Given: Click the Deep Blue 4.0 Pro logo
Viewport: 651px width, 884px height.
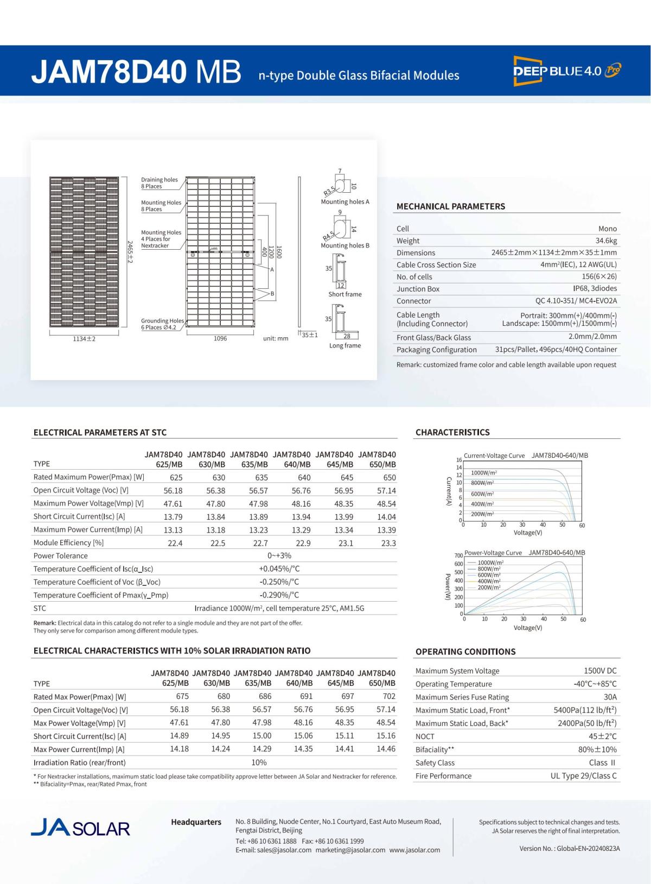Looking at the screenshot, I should click(x=567, y=71).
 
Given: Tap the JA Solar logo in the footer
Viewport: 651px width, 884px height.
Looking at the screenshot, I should click(x=81, y=828).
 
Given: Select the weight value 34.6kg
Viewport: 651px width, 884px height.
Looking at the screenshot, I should click(x=606, y=241).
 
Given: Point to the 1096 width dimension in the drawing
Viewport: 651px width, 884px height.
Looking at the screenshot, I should click(x=220, y=338).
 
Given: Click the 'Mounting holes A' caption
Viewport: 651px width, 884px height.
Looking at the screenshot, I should click(x=345, y=201).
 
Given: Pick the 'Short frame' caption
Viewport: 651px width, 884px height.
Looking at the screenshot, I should click(x=345, y=294).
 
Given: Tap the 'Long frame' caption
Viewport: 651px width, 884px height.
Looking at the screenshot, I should click(x=345, y=345).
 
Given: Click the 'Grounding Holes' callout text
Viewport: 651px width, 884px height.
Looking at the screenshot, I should click(x=162, y=321).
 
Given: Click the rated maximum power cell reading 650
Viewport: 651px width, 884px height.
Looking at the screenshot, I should click(x=389, y=478).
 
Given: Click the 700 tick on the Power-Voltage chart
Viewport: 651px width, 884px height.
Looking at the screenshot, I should click(x=458, y=555).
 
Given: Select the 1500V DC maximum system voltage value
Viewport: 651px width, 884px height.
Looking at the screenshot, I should click(x=600, y=671).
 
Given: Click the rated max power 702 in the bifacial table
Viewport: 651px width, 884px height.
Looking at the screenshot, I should click(x=388, y=697).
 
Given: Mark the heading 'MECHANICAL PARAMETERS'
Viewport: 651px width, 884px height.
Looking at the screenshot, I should click(x=451, y=206).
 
